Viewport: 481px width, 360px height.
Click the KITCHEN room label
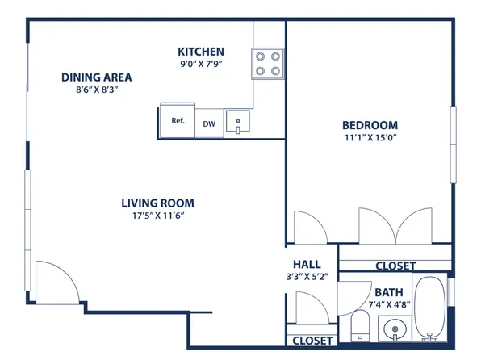(x=201, y=52)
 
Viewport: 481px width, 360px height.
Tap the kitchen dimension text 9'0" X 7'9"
(x=201, y=65)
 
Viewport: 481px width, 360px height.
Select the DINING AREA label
(x=96, y=77)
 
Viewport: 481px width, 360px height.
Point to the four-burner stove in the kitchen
(x=268, y=64)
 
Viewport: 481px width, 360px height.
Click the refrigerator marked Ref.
(x=178, y=122)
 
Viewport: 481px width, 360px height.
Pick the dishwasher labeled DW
(x=208, y=123)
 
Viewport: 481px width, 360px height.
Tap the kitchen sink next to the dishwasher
(x=239, y=123)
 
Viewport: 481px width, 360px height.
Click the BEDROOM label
(x=370, y=125)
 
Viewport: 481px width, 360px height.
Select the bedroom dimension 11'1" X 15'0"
(x=370, y=138)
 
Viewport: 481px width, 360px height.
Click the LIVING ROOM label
(x=157, y=203)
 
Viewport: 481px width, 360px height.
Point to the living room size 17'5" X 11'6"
(x=157, y=216)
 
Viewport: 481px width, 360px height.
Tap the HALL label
(x=307, y=264)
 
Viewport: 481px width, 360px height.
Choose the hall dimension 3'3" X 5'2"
(x=307, y=277)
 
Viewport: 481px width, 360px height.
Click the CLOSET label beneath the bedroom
(x=395, y=266)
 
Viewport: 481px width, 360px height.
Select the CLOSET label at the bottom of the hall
(x=312, y=341)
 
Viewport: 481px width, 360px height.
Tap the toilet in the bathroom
(x=360, y=328)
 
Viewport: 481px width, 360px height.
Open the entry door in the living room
(x=56, y=281)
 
